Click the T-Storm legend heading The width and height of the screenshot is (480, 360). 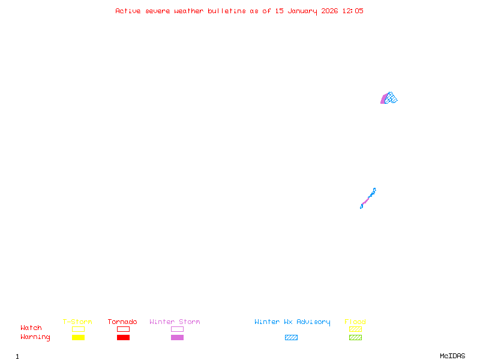(77, 322)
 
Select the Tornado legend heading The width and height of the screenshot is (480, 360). (122, 322)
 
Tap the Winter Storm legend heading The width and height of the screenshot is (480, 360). (175, 322)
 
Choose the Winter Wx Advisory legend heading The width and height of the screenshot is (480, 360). (292, 322)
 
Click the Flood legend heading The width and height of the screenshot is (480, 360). (355, 322)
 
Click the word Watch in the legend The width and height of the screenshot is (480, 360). (31, 328)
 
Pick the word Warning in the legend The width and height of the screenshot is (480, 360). (35, 337)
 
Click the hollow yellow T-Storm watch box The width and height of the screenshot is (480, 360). (78, 329)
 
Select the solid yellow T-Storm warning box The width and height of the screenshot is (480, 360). (78, 338)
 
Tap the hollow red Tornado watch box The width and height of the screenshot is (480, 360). (123, 329)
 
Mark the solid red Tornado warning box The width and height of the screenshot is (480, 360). (123, 338)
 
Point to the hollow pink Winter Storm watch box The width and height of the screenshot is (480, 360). (177, 329)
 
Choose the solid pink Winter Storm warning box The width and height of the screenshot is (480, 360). (177, 338)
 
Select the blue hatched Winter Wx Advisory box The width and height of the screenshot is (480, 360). (291, 338)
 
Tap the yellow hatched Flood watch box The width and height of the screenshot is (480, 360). (355, 329)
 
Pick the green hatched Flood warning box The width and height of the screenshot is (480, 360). (355, 338)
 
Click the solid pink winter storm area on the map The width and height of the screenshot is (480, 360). (383, 100)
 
